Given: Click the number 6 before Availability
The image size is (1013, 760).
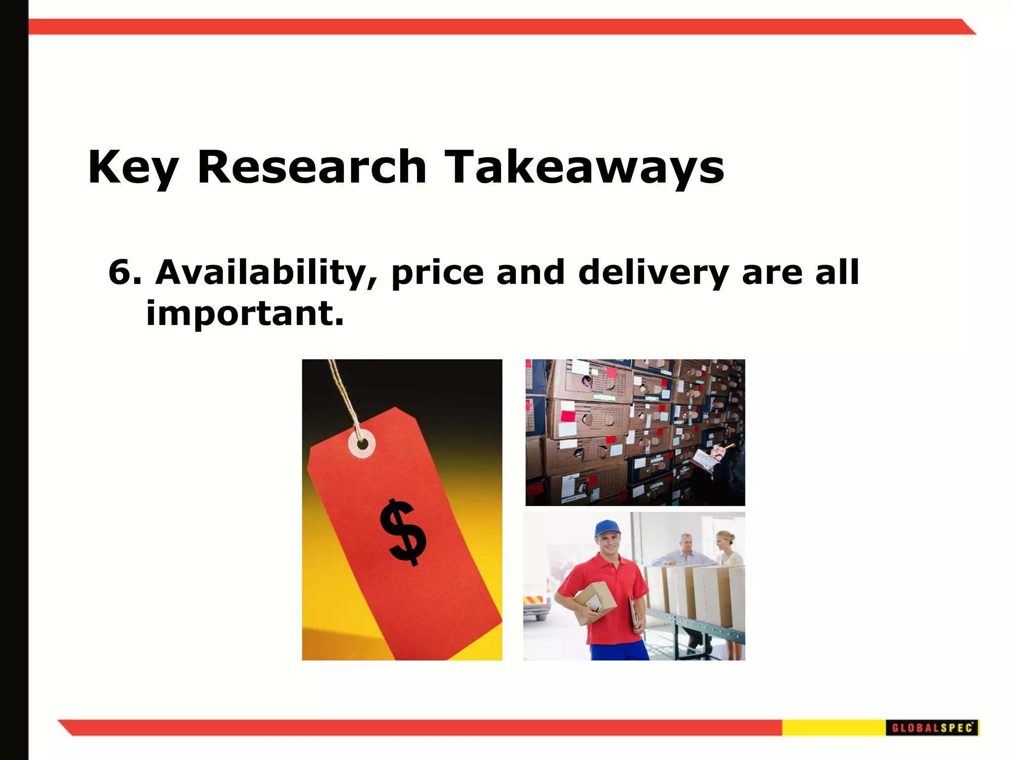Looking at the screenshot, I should point(119,272).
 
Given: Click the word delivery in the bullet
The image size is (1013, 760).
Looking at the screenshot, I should point(653,273).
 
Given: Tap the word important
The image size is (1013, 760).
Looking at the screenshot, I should point(244,314).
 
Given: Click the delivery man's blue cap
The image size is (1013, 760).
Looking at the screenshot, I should point(606,528).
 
